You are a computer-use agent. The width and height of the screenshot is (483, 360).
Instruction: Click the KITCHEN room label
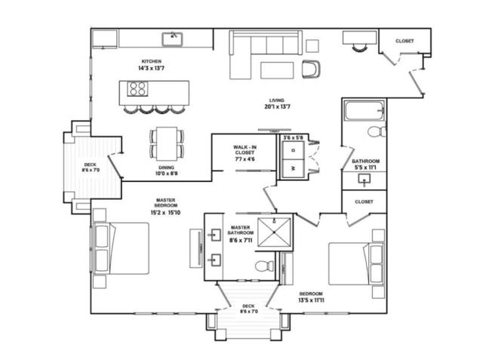tap(152, 61)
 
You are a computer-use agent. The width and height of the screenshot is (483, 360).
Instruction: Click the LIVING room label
tap(276, 100)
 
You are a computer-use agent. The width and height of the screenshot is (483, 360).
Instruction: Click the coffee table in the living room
tap(278, 69)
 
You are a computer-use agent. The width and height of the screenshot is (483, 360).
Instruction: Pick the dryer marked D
tap(294, 151)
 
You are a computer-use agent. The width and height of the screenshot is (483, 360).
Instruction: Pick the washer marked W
tap(294, 168)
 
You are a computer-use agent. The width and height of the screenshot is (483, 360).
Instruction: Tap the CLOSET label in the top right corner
tap(405, 41)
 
